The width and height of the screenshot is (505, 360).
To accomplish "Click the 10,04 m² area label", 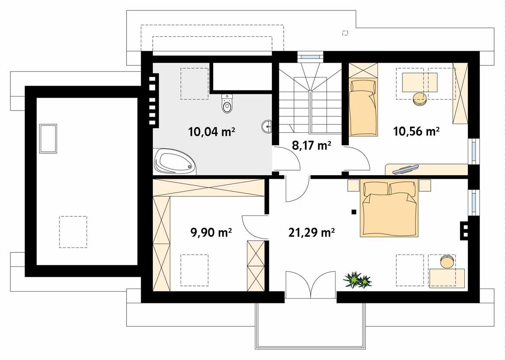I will pos(211,132).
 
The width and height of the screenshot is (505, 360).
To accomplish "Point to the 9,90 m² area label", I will pos(211,233).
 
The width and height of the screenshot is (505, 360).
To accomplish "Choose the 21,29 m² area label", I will pos(311,233).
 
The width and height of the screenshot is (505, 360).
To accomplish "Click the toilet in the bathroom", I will pos(227,103).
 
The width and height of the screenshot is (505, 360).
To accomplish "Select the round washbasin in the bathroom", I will pos(267,127).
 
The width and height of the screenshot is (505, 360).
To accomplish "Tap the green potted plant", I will pos(357,280).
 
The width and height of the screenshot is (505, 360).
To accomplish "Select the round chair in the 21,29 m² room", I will pos(447,262).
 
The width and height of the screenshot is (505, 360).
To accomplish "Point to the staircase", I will pos(310,104).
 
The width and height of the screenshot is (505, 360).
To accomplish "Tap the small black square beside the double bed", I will pos(354,212).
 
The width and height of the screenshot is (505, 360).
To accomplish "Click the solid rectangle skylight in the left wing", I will pos(48,138).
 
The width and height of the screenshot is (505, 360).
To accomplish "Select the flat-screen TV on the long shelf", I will pos(405,169).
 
